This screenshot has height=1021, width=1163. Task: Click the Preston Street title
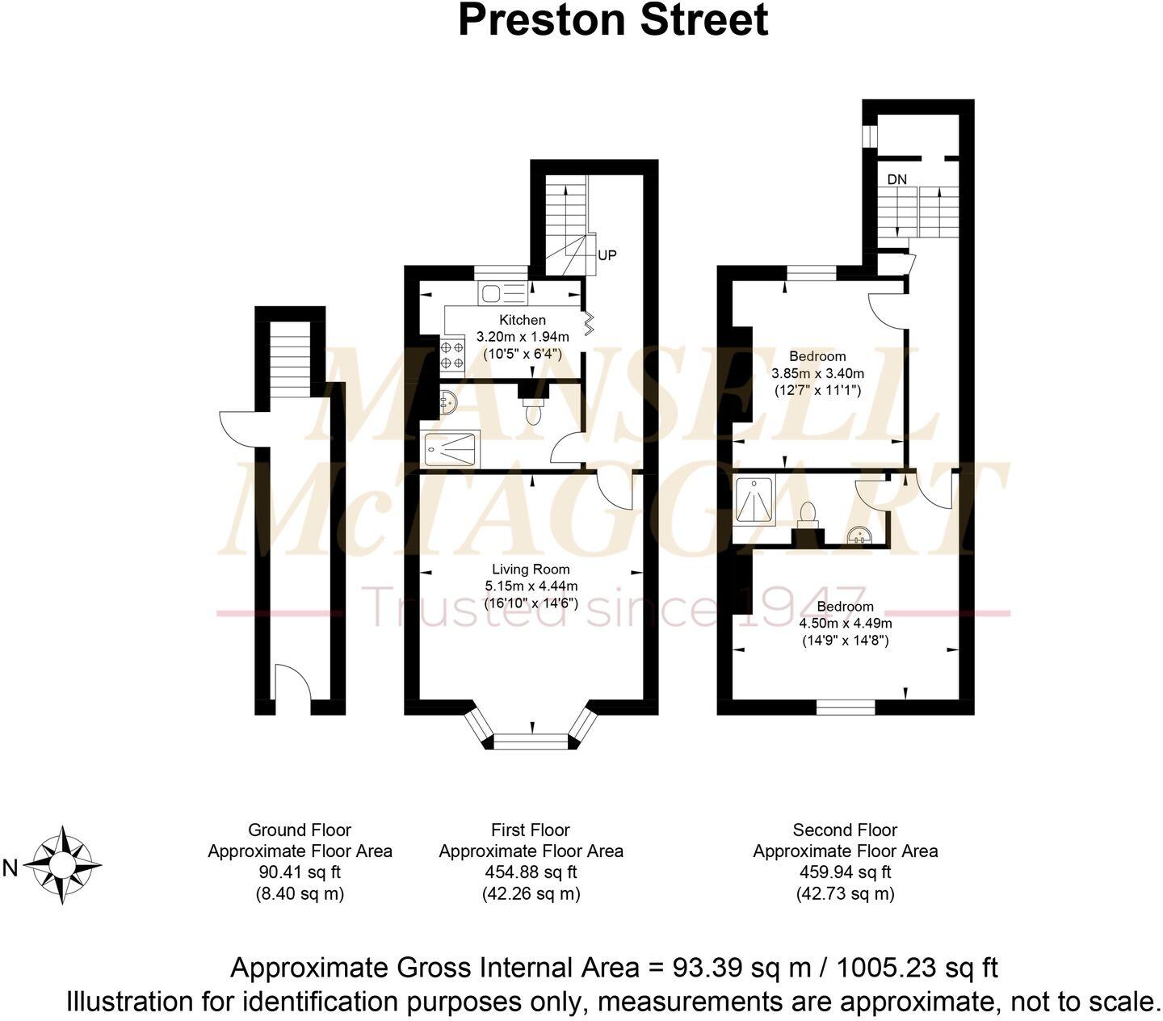612,20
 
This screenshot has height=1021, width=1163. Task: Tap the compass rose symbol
62,865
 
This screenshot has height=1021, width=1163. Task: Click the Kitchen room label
522,320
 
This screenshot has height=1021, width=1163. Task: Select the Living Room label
531,569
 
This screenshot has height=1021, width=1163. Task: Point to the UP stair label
607,255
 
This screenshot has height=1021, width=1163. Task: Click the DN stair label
896,179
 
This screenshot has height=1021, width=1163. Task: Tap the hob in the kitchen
452,354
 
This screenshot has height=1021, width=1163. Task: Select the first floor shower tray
451,448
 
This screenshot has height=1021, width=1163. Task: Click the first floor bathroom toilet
532,414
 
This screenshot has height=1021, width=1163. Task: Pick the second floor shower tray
755,501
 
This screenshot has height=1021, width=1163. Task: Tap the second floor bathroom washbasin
859,536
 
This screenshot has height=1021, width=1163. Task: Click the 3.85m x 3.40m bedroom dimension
817,373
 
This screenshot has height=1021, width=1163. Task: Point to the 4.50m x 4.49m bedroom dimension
845,623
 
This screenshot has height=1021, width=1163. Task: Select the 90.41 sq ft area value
300,872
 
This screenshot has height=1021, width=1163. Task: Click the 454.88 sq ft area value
531,872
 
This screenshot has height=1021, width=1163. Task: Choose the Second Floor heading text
845,830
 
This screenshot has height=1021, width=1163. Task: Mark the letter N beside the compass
10,868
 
